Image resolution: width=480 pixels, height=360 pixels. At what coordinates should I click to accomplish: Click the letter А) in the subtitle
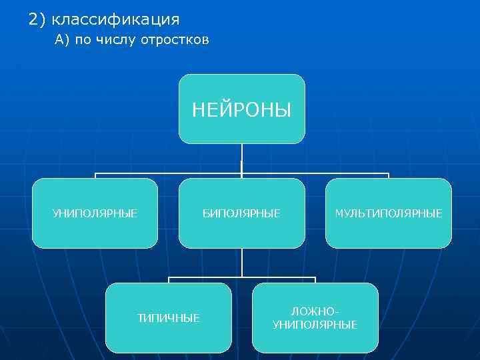tap(63, 41)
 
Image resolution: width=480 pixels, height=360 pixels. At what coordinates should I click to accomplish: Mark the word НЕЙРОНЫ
tap(241, 109)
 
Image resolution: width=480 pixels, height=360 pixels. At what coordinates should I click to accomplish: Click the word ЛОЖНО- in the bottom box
tap(315, 312)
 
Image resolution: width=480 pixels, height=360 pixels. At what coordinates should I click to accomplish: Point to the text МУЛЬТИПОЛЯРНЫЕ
tap(388, 213)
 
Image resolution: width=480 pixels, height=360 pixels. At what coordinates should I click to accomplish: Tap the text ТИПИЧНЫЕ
tap(168, 318)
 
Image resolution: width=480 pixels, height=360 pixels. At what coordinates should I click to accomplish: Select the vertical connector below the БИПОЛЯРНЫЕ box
tap(241, 262)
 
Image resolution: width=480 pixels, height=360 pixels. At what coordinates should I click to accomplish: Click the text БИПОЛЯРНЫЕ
tap(241, 213)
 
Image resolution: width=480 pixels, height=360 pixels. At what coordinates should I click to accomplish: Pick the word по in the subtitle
tap(83, 41)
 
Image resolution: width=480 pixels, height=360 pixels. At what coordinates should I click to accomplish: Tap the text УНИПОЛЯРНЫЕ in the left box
tap(95, 213)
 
